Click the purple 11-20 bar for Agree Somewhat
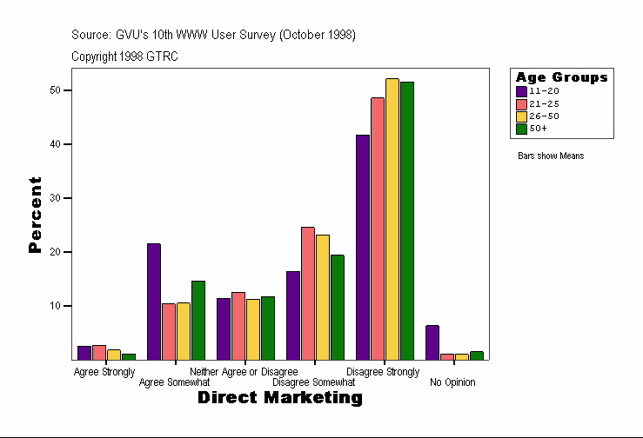click(x=153, y=302)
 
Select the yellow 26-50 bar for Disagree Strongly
click(x=392, y=219)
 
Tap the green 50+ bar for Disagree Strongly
click(x=406, y=221)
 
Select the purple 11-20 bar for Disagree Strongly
click(x=362, y=247)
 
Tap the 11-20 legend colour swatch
click(x=521, y=90)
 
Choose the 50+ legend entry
click(x=538, y=128)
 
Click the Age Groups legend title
click(x=561, y=77)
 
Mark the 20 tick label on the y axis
click(x=54, y=252)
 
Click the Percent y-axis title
click(x=35, y=215)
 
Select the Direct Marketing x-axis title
click(x=279, y=398)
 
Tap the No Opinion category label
click(x=452, y=382)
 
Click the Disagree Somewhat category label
click(x=313, y=382)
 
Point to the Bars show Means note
click(x=551, y=156)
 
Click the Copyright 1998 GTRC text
click(x=125, y=56)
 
